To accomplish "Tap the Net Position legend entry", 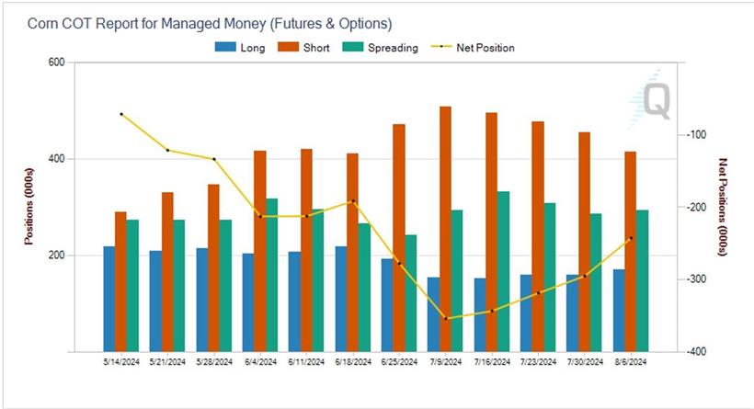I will pyautogui.click(x=474, y=48).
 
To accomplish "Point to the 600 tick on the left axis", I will pyautogui.click(x=56, y=62).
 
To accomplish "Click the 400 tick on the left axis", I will pyautogui.click(x=56, y=159).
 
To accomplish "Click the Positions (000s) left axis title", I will pyautogui.click(x=29, y=207).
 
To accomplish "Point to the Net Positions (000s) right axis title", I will pyautogui.click(x=723, y=207).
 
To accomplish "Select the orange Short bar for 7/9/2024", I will pyautogui.click(x=445, y=229).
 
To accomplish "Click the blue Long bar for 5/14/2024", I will pyautogui.click(x=109, y=299).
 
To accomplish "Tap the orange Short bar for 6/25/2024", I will pyautogui.click(x=399, y=238).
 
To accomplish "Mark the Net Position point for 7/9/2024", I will pyautogui.click(x=446, y=319).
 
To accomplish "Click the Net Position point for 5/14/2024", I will pyautogui.click(x=121, y=114).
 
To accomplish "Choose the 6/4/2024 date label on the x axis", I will pyautogui.click(x=260, y=363).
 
